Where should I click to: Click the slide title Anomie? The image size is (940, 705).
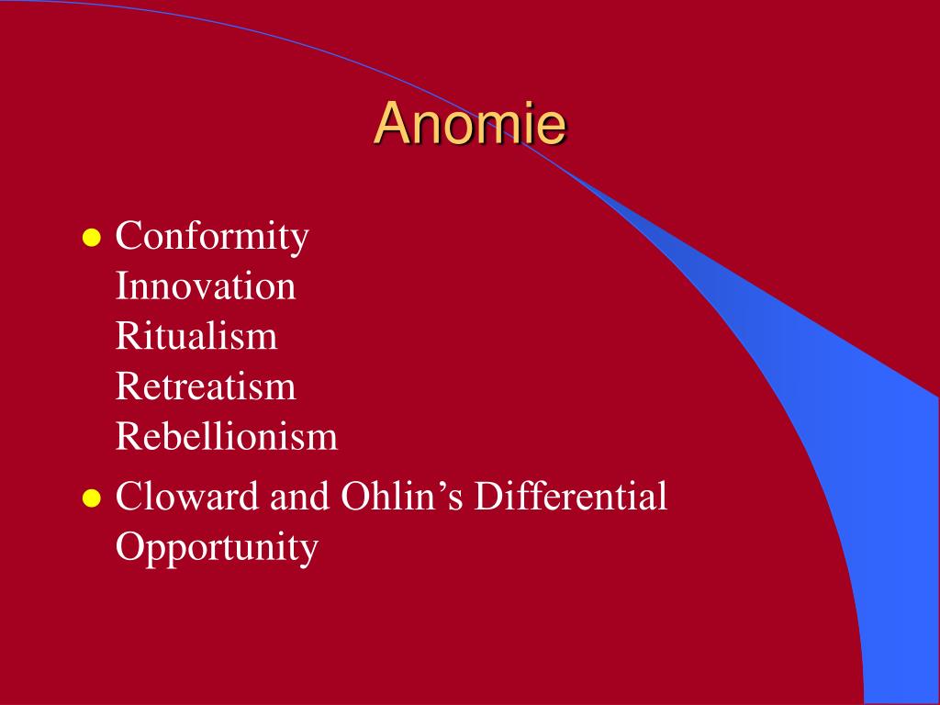pos(469,124)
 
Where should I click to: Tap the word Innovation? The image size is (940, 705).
pos(206,286)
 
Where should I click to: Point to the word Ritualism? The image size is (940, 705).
pos(196,335)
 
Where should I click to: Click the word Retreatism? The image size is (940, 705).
pos(206,386)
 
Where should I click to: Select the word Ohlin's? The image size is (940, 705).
pos(402,496)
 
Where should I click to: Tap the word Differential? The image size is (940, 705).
pos(570,496)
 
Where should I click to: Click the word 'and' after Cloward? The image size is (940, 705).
pos(299,497)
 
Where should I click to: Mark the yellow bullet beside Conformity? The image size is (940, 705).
pos(91,238)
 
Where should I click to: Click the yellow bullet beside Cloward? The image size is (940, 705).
pos(91,498)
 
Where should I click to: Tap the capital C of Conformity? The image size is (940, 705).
pos(128,235)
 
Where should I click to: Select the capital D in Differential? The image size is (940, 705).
pos(488,496)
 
